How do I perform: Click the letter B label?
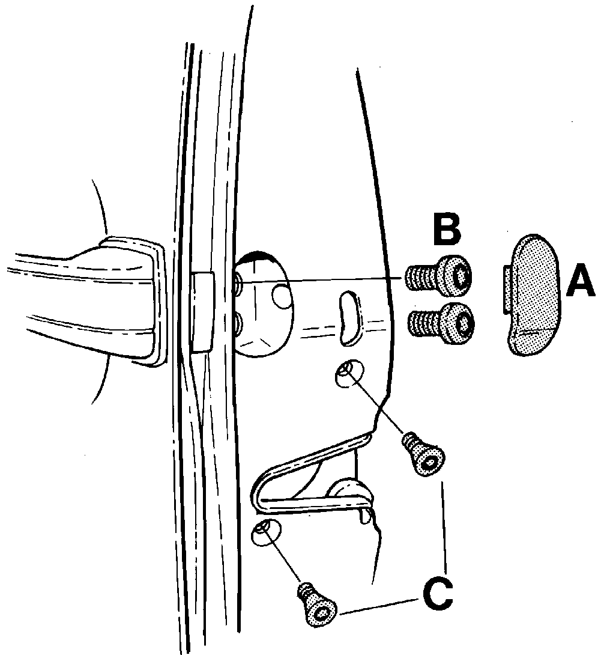point(447,228)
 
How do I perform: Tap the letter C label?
point(438,593)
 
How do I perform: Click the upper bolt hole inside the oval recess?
point(239,282)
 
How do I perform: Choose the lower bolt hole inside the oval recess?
point(239,324)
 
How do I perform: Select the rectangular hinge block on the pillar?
point(202,312)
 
